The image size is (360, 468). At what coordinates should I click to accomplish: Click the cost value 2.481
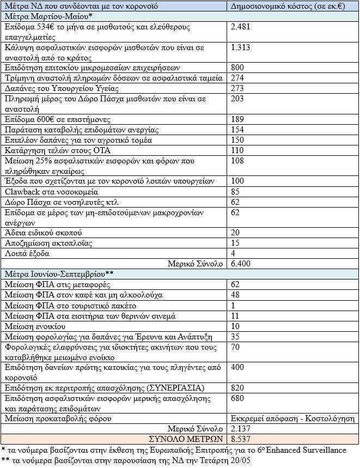click(241, 26)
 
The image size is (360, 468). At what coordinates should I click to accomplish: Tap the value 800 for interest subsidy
click(238, 68)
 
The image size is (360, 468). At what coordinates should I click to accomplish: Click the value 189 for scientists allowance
click(238, 119)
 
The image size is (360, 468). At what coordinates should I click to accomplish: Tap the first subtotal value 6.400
click(241, 264)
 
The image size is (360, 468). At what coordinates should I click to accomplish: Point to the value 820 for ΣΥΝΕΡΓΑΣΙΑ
click(238, 387)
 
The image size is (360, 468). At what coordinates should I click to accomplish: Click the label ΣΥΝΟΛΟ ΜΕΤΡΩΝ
click(186, 439)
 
